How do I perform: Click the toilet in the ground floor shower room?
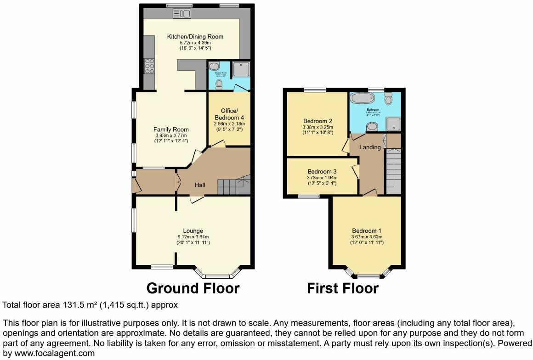(219, 83)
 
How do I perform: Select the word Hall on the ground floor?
(199, 185)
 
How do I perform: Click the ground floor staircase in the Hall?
(232, 186)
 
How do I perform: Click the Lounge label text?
(193, 231)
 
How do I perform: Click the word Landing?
(370, 147)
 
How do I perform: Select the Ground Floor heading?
(193, 288)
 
